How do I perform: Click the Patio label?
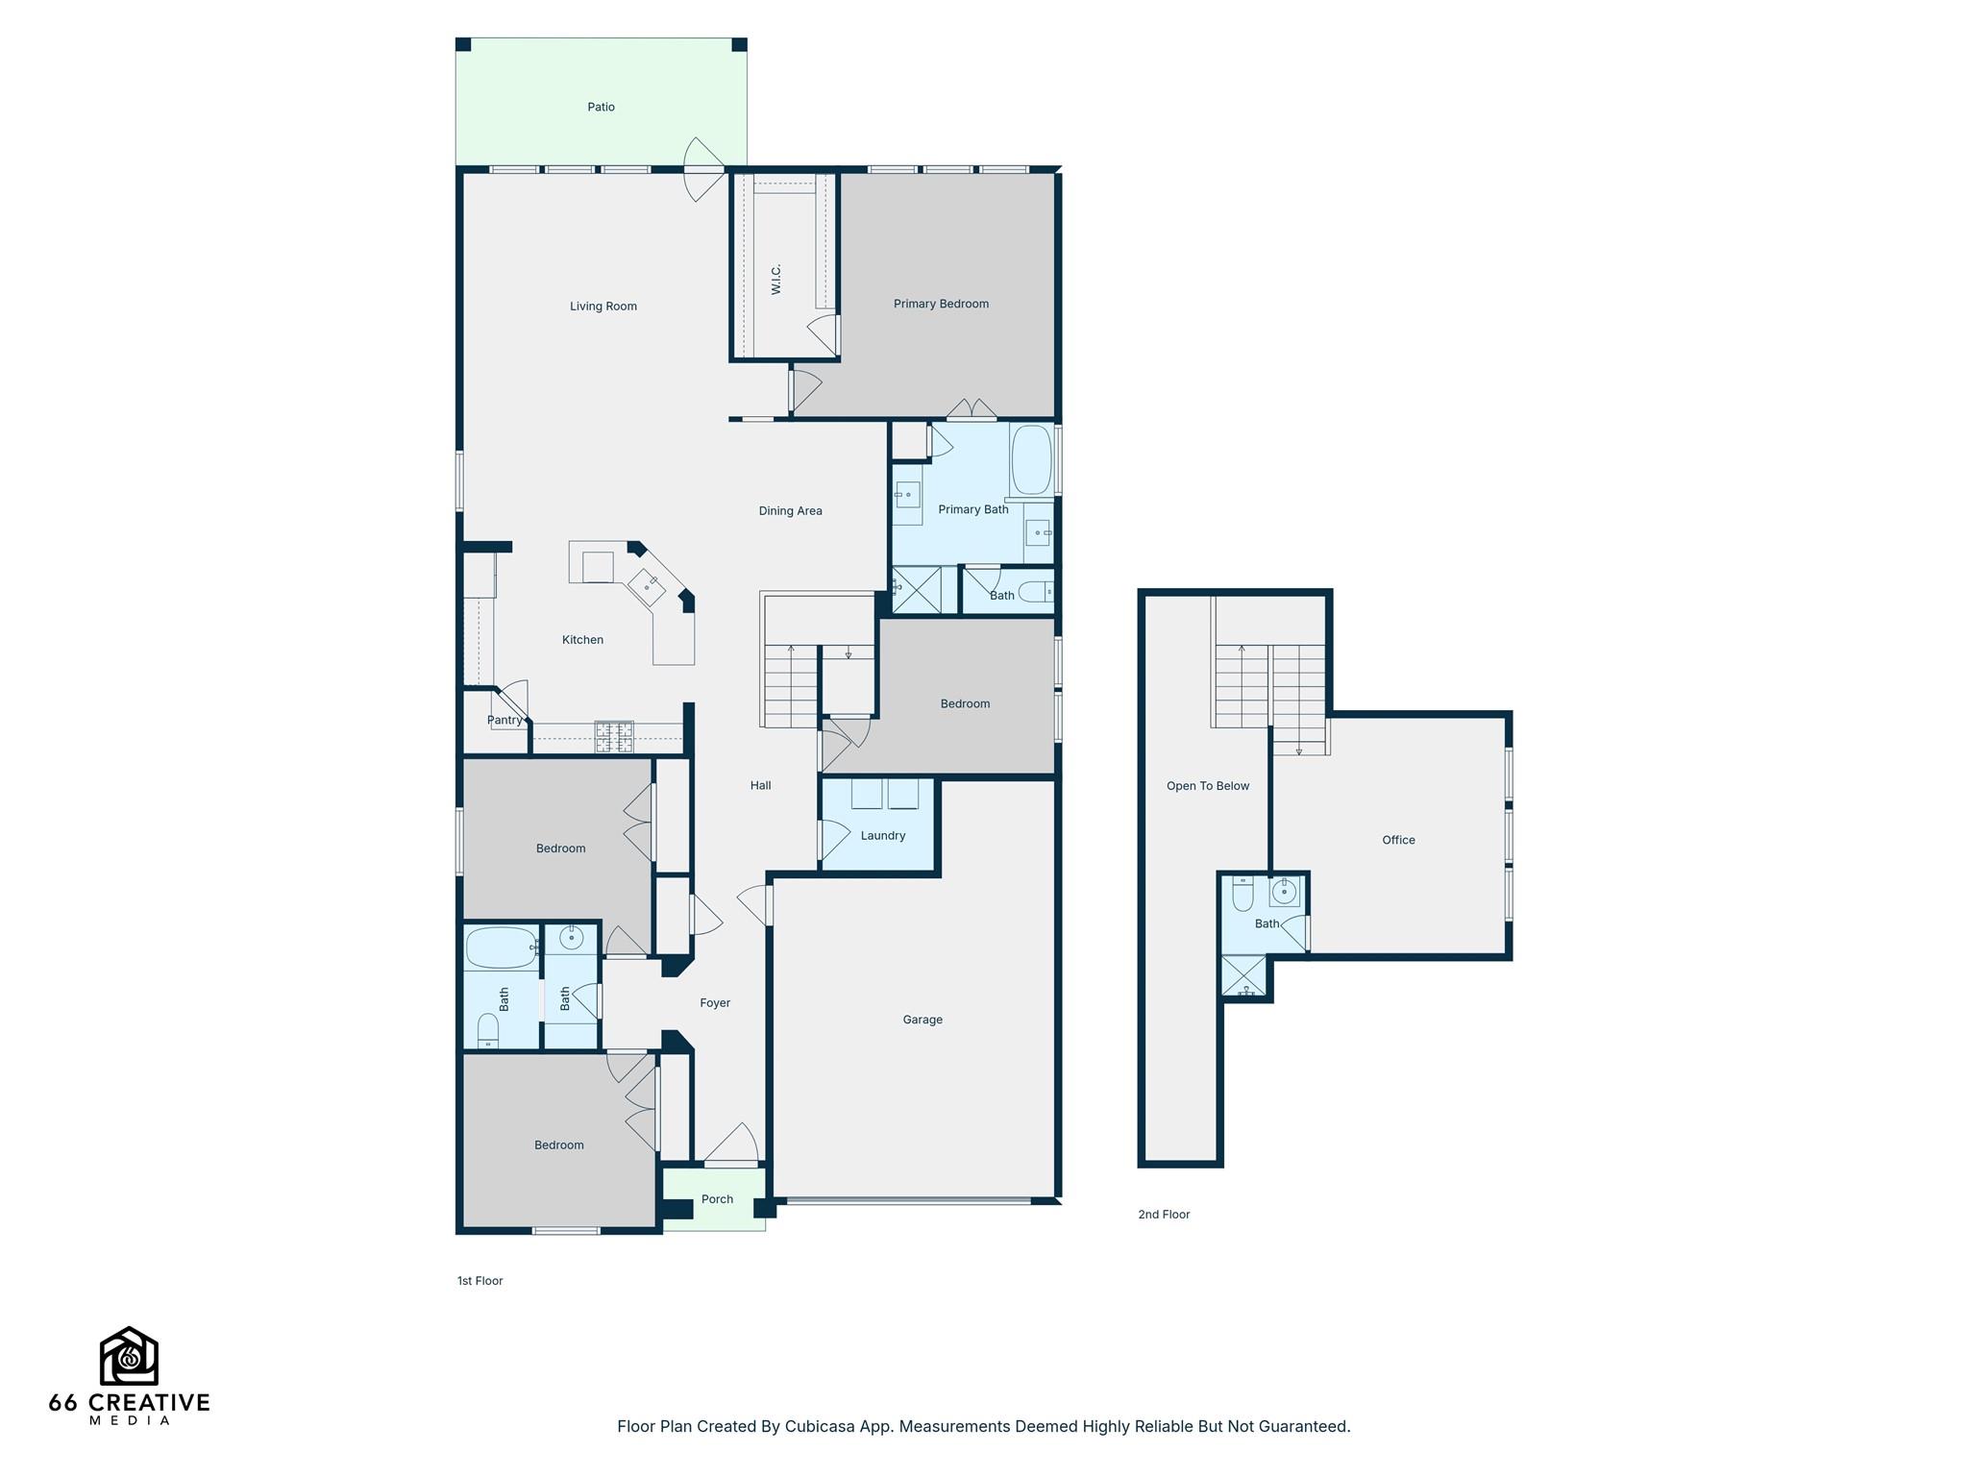point(601,107)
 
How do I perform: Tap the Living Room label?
point(603,307)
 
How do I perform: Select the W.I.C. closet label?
point(776,279)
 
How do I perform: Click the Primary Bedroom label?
point(941,304)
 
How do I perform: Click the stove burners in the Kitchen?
point(614,736)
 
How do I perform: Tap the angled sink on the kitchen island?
point(647,584)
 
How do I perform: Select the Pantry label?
point(504,720)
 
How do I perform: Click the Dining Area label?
point(790,511)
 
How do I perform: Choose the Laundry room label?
point(882,836)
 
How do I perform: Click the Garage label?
point(922,1020)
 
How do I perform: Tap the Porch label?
point(717,1199)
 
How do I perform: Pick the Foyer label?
point(714,1003)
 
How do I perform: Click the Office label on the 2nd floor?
point(1398,840)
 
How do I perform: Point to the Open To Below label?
point(1207,786)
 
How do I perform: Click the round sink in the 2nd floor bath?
point(1284,893)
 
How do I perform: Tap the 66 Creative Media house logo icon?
point(129,1356)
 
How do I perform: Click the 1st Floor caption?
point(480,1281)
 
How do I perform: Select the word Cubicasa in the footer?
point(822,1427)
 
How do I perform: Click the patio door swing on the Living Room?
point(703,170)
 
